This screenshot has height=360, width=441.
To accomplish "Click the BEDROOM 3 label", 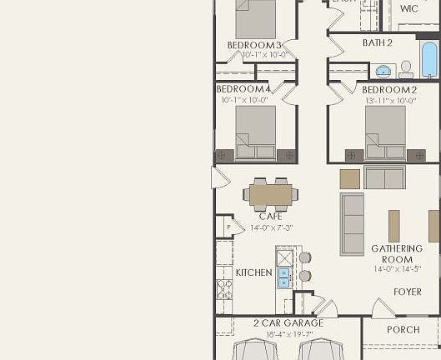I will click(x=254, y=45).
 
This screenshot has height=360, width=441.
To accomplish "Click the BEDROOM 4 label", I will click(x=243, y=89).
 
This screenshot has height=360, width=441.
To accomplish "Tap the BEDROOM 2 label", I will click(x=388, y=89).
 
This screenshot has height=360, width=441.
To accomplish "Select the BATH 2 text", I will click(x=378, y=42).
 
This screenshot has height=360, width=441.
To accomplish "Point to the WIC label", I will click(x=408, y=9).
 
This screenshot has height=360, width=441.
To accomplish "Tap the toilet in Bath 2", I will click(x=407, y=67).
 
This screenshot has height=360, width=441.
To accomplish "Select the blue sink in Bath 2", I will click(x=384, y=70).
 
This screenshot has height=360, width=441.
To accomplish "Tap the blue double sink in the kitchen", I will click(x=283, y=277).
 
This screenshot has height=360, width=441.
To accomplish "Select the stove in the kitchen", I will click(x=223, y=289).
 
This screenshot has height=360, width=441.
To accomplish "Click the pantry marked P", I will click(x=228, y=226).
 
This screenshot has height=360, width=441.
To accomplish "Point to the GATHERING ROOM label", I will click(x=392, y=254).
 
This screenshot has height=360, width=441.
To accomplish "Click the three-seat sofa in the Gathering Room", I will click(x=352, y=223).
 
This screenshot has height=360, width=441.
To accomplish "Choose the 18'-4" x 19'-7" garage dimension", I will click(x=276, y=334).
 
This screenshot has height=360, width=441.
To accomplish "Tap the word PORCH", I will click(x=403, y=330).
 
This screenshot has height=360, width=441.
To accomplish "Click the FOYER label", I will click(x=408, y=292).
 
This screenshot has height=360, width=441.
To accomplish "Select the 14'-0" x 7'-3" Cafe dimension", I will click(x=271, y=227).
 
